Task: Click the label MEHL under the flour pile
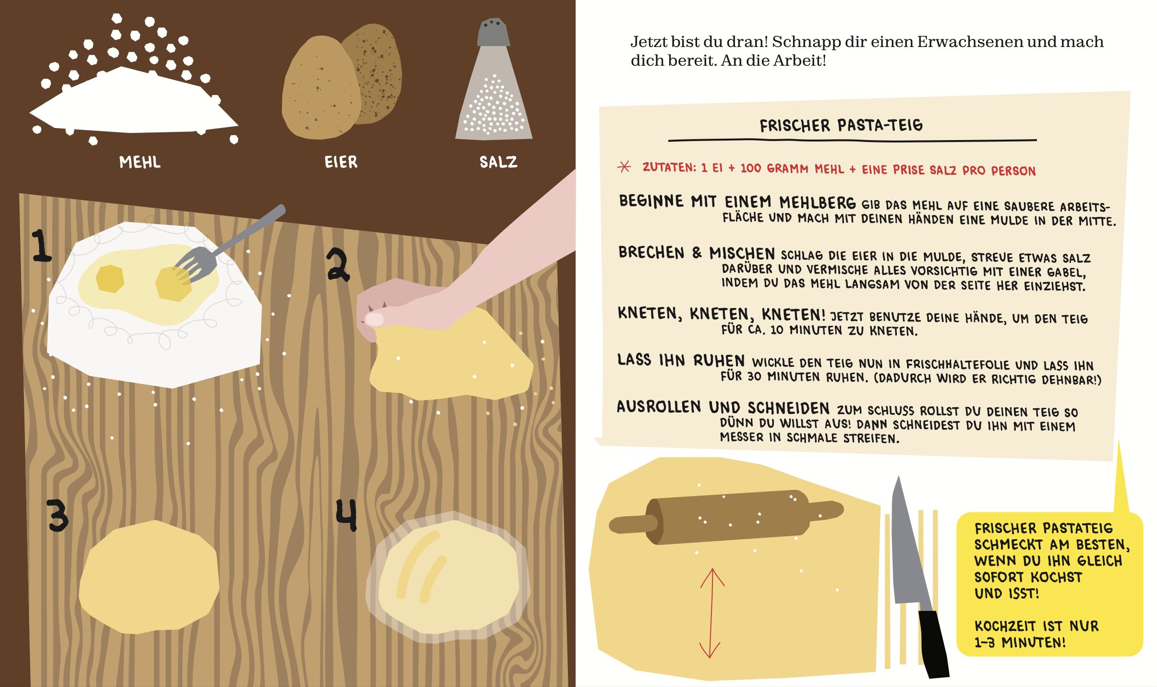140,162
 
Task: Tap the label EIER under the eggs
341,162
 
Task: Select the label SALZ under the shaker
498,162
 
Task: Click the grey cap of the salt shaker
494,32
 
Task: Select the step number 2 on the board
338,264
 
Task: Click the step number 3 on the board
57,516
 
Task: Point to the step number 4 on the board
346,515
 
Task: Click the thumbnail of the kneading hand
375,319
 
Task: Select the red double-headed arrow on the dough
711,613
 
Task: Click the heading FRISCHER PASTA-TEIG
841,126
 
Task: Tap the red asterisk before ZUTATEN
624,166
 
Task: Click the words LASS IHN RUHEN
681,360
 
